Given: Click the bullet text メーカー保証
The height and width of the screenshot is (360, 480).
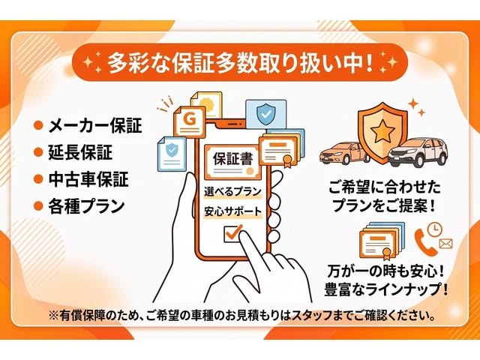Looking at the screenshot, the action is pyautogui.click(x=95, y=125).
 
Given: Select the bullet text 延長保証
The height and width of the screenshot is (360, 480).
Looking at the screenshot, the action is pyautogui.click(x=80, y=152).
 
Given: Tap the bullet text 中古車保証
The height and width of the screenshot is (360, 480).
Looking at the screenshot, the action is pyautogui.click(x=88, y=179).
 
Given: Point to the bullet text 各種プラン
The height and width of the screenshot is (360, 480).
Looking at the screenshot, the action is pyautogui.click(x=86, y=206).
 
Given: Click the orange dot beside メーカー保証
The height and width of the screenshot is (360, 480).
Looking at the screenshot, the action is pyautogui.click(x=38, y=126).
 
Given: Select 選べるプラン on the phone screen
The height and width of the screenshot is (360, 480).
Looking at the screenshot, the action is pyautogui.click(x=232, y=192).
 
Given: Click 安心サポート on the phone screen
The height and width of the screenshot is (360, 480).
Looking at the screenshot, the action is pyautogui.click(x=233, y=211).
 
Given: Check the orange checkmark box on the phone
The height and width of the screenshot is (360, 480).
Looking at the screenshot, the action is pyautogui.click(x=233, y=233).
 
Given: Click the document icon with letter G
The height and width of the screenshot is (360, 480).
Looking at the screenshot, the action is pyautogui.click(x=190, y=121).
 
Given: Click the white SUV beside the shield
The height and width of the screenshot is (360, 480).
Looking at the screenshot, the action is pyautogui.click(x=418, y=152).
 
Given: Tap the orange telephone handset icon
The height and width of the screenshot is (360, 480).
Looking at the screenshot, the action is pyautogui.click(x=425, y=241).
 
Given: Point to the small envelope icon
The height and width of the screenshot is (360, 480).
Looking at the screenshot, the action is pyautogui.click(x=445, y=244).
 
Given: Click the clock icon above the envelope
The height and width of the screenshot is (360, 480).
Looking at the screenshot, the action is pyautogui.click(x=435, y=229).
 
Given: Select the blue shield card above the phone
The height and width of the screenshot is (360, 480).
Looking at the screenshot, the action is pyautogui.click(x=266, y=115).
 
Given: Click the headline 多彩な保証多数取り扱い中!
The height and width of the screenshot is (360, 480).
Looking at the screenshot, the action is pyautogui.click(x=240, y=63).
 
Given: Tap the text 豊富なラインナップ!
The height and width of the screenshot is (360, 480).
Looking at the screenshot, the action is pyautogui.click(x=385, y=289).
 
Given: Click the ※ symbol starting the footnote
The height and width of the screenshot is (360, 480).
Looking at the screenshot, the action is pyautogui.click(x=54, y=315).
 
